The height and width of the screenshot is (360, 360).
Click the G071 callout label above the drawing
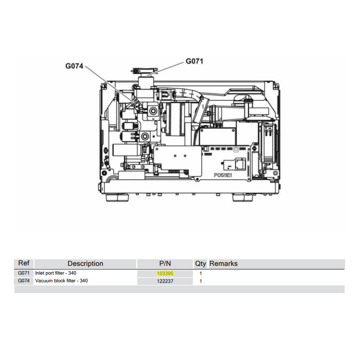point(194,61)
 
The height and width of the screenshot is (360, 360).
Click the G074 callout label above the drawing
point(74,66)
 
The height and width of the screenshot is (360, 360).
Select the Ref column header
point(24,263)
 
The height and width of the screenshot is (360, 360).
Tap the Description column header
point(85,263)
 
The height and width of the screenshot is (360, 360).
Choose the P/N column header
point(165,263)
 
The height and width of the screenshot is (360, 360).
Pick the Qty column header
point(201,264)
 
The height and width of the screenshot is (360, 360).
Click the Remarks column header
point(223,263)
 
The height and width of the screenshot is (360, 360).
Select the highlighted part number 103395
point(165,274)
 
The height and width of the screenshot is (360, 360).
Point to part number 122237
point(165,281)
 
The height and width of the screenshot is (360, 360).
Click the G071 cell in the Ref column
point(24,273)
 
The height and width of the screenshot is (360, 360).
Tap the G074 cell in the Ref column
point(24,281)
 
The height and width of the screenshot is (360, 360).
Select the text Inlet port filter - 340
point(56,273)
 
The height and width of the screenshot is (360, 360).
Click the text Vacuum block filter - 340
point(61,281)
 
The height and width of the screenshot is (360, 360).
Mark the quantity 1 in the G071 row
point(201,274)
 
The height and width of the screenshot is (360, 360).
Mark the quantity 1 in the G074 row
point(201,281)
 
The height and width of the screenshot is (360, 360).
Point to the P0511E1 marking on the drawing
point(223,175)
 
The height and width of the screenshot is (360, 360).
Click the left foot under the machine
point(117,197)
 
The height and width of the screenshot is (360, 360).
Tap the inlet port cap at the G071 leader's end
point(144,71)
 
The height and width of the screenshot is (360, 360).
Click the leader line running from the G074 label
point(111,85)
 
